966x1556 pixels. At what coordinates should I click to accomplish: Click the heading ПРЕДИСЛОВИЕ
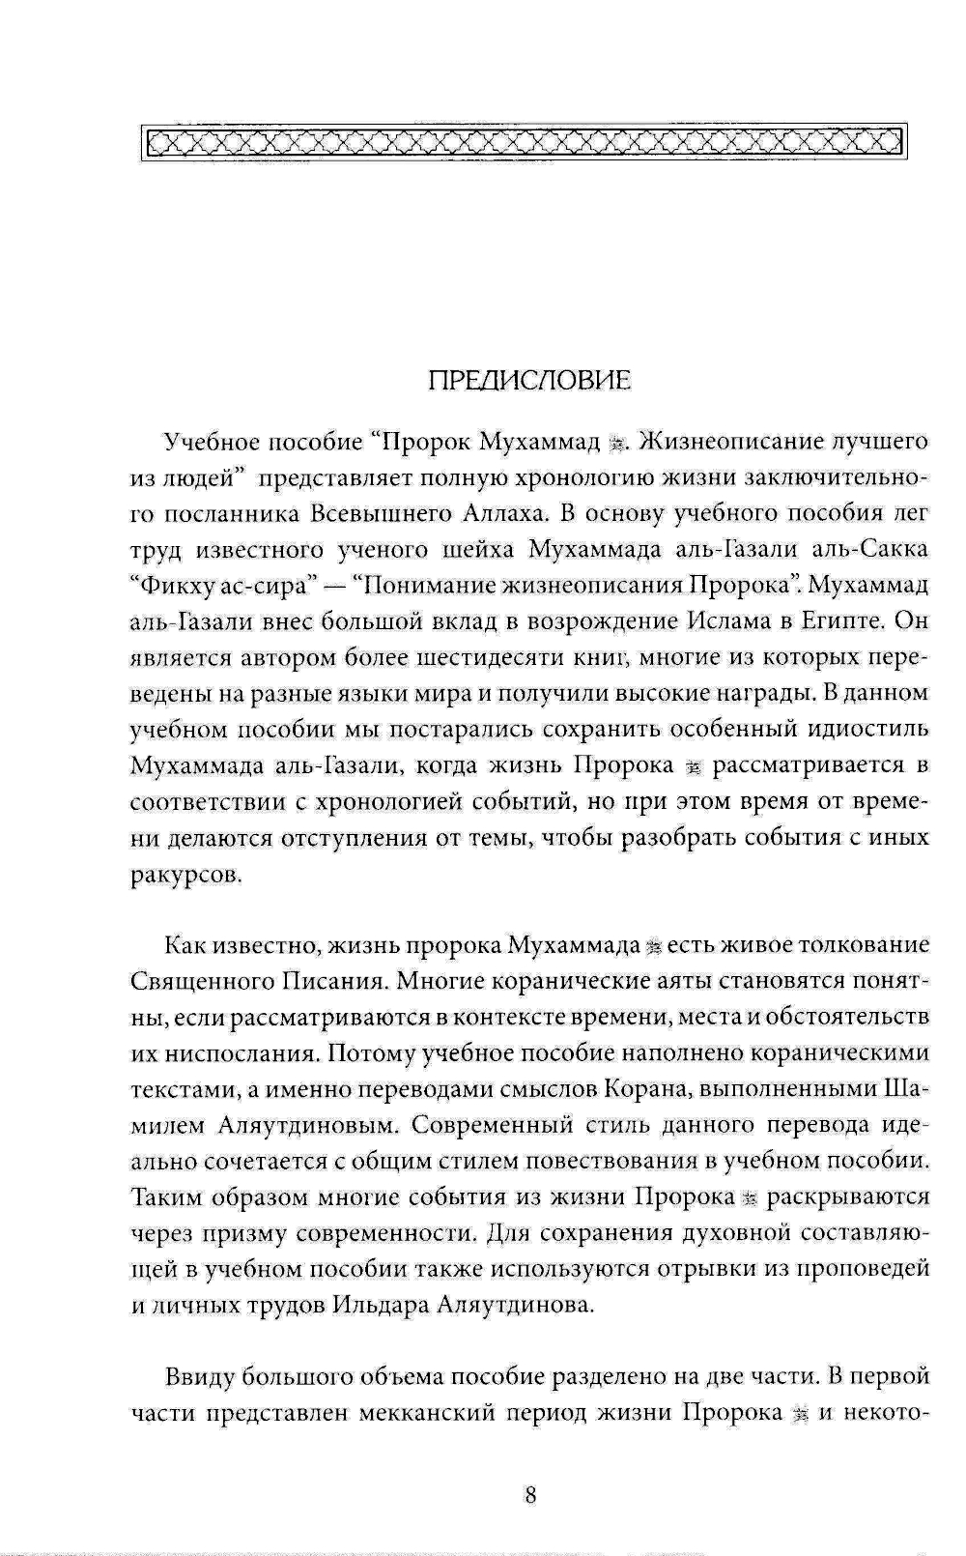pos(529,381)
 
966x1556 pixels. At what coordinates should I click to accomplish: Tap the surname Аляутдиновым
pos(293,1125)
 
